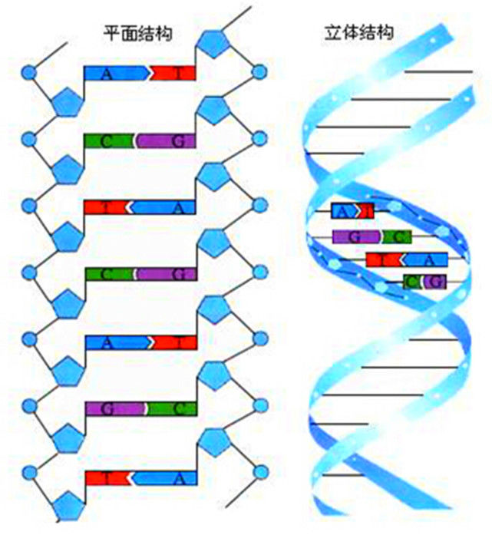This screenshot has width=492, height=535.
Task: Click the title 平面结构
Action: pyautogui.click(x=137, y=35)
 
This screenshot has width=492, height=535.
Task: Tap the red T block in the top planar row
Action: pyautogui.click(x=176, y=74)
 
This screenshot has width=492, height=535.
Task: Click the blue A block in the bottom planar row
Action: pyautogui.click(x=167, y=477)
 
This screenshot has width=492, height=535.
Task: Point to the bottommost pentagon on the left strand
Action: pyautogui.click(x=67, y=505)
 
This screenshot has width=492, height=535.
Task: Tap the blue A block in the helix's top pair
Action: pyautogui.click(x=343, y=211)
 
